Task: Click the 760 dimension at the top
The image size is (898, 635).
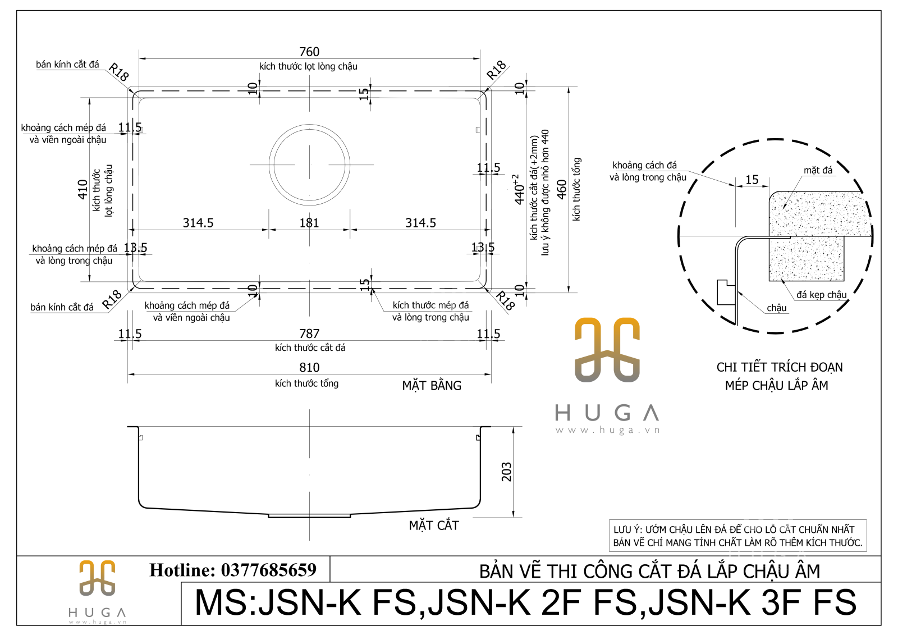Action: click(x=309, y=52)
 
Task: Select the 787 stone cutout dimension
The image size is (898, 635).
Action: click(x=309, y=334)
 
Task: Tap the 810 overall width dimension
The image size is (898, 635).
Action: click(x=309, y=367)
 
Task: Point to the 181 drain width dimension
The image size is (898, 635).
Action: click(x=309, y=223)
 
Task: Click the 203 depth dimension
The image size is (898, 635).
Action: click(x=506, y=472)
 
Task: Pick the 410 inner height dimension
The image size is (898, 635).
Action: click(x=83, y=189)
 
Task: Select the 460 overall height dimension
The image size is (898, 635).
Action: click(x=561, y=189)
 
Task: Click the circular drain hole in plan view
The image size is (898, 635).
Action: click(x=309, y=165)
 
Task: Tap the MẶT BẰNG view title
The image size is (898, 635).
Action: click(x=432, y=386)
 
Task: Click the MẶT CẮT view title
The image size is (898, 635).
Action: click(x=434, y=526)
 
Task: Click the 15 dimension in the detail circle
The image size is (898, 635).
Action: click(x=752, y=180)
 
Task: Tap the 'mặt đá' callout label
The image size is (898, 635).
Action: click(x=818, y=170)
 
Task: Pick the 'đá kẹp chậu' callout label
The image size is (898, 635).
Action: click(x=821, y=294)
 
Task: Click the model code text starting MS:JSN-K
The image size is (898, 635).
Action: click(x=525, y=603)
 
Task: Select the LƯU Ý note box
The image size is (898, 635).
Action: click(x=737, y=536)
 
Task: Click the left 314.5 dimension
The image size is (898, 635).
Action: click(x=198, y=223)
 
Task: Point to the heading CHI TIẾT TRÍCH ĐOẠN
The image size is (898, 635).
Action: click(x=779, y=367)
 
